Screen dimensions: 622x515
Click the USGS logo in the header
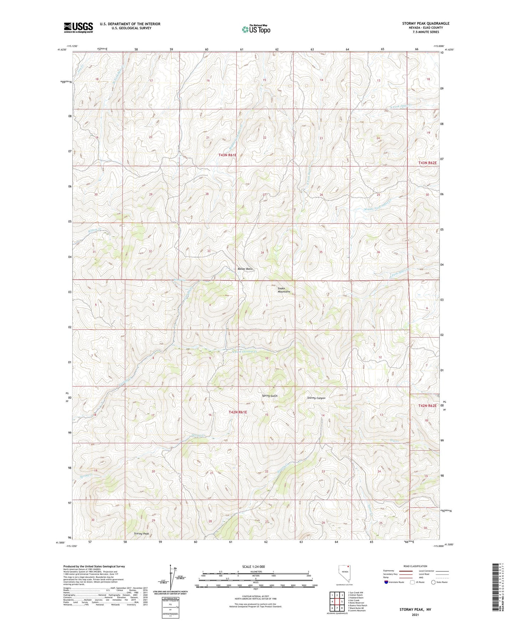click(x=78, y=27)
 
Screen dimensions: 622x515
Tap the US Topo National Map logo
click(x=256, y=29)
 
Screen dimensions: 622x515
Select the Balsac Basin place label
click(x=245, y=269)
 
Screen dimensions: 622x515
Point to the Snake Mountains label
click(x=284, y=290)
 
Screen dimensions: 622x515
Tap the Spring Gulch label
click(x=269, y=396)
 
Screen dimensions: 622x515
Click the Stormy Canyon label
click(x=316, y=398)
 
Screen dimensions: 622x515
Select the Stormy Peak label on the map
click(x=141, y=534)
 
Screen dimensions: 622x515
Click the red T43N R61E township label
click(x=227, y=155)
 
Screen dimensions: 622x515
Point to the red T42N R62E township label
click(x=427, y=405)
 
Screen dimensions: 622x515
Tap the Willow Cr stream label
click(x=95, y=230)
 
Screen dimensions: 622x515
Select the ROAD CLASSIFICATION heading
click(x=416, y=566)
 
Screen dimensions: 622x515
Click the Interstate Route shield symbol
click(x=386, y=582)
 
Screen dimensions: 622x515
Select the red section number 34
click(x=262, y=253)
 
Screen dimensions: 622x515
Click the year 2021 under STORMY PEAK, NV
click(x=415, y=615)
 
